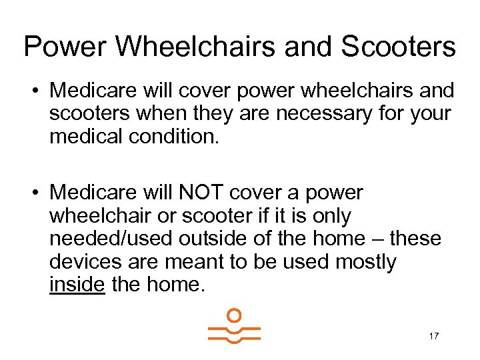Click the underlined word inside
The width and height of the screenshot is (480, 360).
[x=77, y=285]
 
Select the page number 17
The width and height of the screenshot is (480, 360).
[x=433, y=336]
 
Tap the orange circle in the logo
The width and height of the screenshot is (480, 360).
[x=233, y=315]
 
